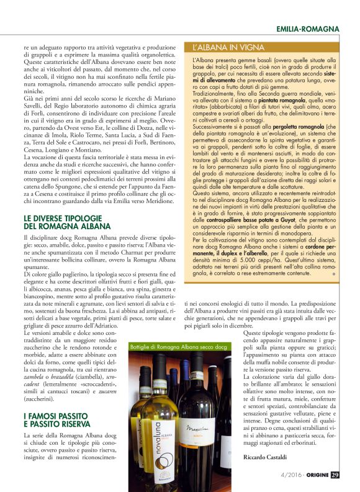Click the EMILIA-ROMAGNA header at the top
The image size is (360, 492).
(308, 29)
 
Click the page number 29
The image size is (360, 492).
(335, 475)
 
